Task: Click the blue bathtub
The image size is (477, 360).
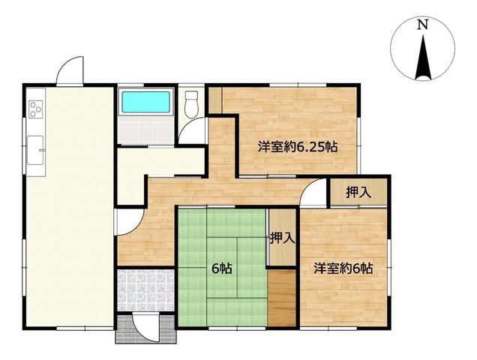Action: pos(145,102)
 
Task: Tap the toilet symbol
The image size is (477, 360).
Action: pos(192,104)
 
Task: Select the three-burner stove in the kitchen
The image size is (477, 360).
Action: pos(35,109)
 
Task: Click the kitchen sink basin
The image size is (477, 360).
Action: pos(35,150)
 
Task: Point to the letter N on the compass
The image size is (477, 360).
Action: pos(422,25)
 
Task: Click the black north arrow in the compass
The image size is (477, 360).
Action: pos(423,57)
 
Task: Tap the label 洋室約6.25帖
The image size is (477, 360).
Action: pos(298,147)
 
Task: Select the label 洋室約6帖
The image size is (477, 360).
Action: pos(343,268)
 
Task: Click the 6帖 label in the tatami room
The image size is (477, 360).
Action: pos(222,268)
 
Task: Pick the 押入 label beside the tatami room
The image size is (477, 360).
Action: pos(283,238)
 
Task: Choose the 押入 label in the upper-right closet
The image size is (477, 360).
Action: pos(358,192)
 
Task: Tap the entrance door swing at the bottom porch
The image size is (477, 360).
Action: pos(145,328)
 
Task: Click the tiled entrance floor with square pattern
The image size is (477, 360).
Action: pos(146,289)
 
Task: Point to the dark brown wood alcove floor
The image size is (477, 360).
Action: pos(282,298)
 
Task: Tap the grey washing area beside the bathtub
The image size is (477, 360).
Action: pos(146,130)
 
